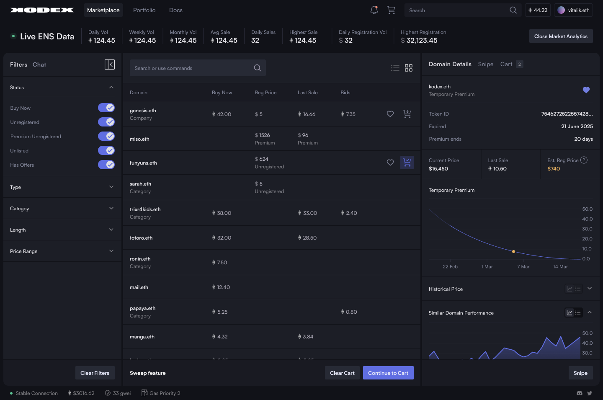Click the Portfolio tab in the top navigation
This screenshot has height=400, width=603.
(144, 10)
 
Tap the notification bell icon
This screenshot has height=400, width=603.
(374, 10)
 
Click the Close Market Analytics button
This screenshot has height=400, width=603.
(561, 36)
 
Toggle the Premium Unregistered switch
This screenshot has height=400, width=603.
(106, 136)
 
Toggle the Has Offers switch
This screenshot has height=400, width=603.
(106, 165)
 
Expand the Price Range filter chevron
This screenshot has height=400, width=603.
(111, 251)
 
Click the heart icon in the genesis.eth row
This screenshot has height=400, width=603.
(390, 114)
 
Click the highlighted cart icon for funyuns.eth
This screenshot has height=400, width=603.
(407, 163)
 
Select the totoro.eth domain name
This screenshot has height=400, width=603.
(141, 238)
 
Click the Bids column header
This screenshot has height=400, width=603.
(345, 93)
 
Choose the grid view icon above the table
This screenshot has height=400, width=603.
(409, 68)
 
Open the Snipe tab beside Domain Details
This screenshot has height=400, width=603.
(485, 64)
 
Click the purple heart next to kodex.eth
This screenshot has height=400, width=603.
(586, 90)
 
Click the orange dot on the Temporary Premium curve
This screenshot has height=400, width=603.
(513, 252)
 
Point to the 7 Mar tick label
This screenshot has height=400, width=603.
(523, 267)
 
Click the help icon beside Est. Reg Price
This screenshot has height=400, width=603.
(584, 160)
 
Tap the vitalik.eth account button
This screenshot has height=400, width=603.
(573, 10)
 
